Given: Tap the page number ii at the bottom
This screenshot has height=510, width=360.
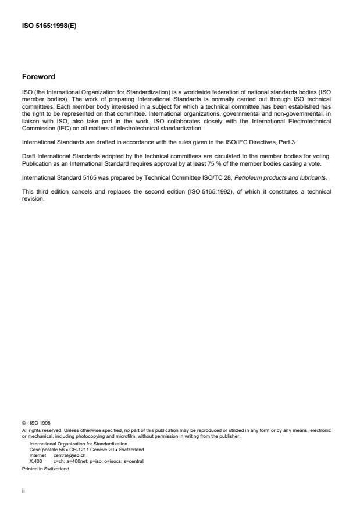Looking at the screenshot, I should (24, 490).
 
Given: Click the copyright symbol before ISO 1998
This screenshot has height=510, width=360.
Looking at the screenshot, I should (24, 424).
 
